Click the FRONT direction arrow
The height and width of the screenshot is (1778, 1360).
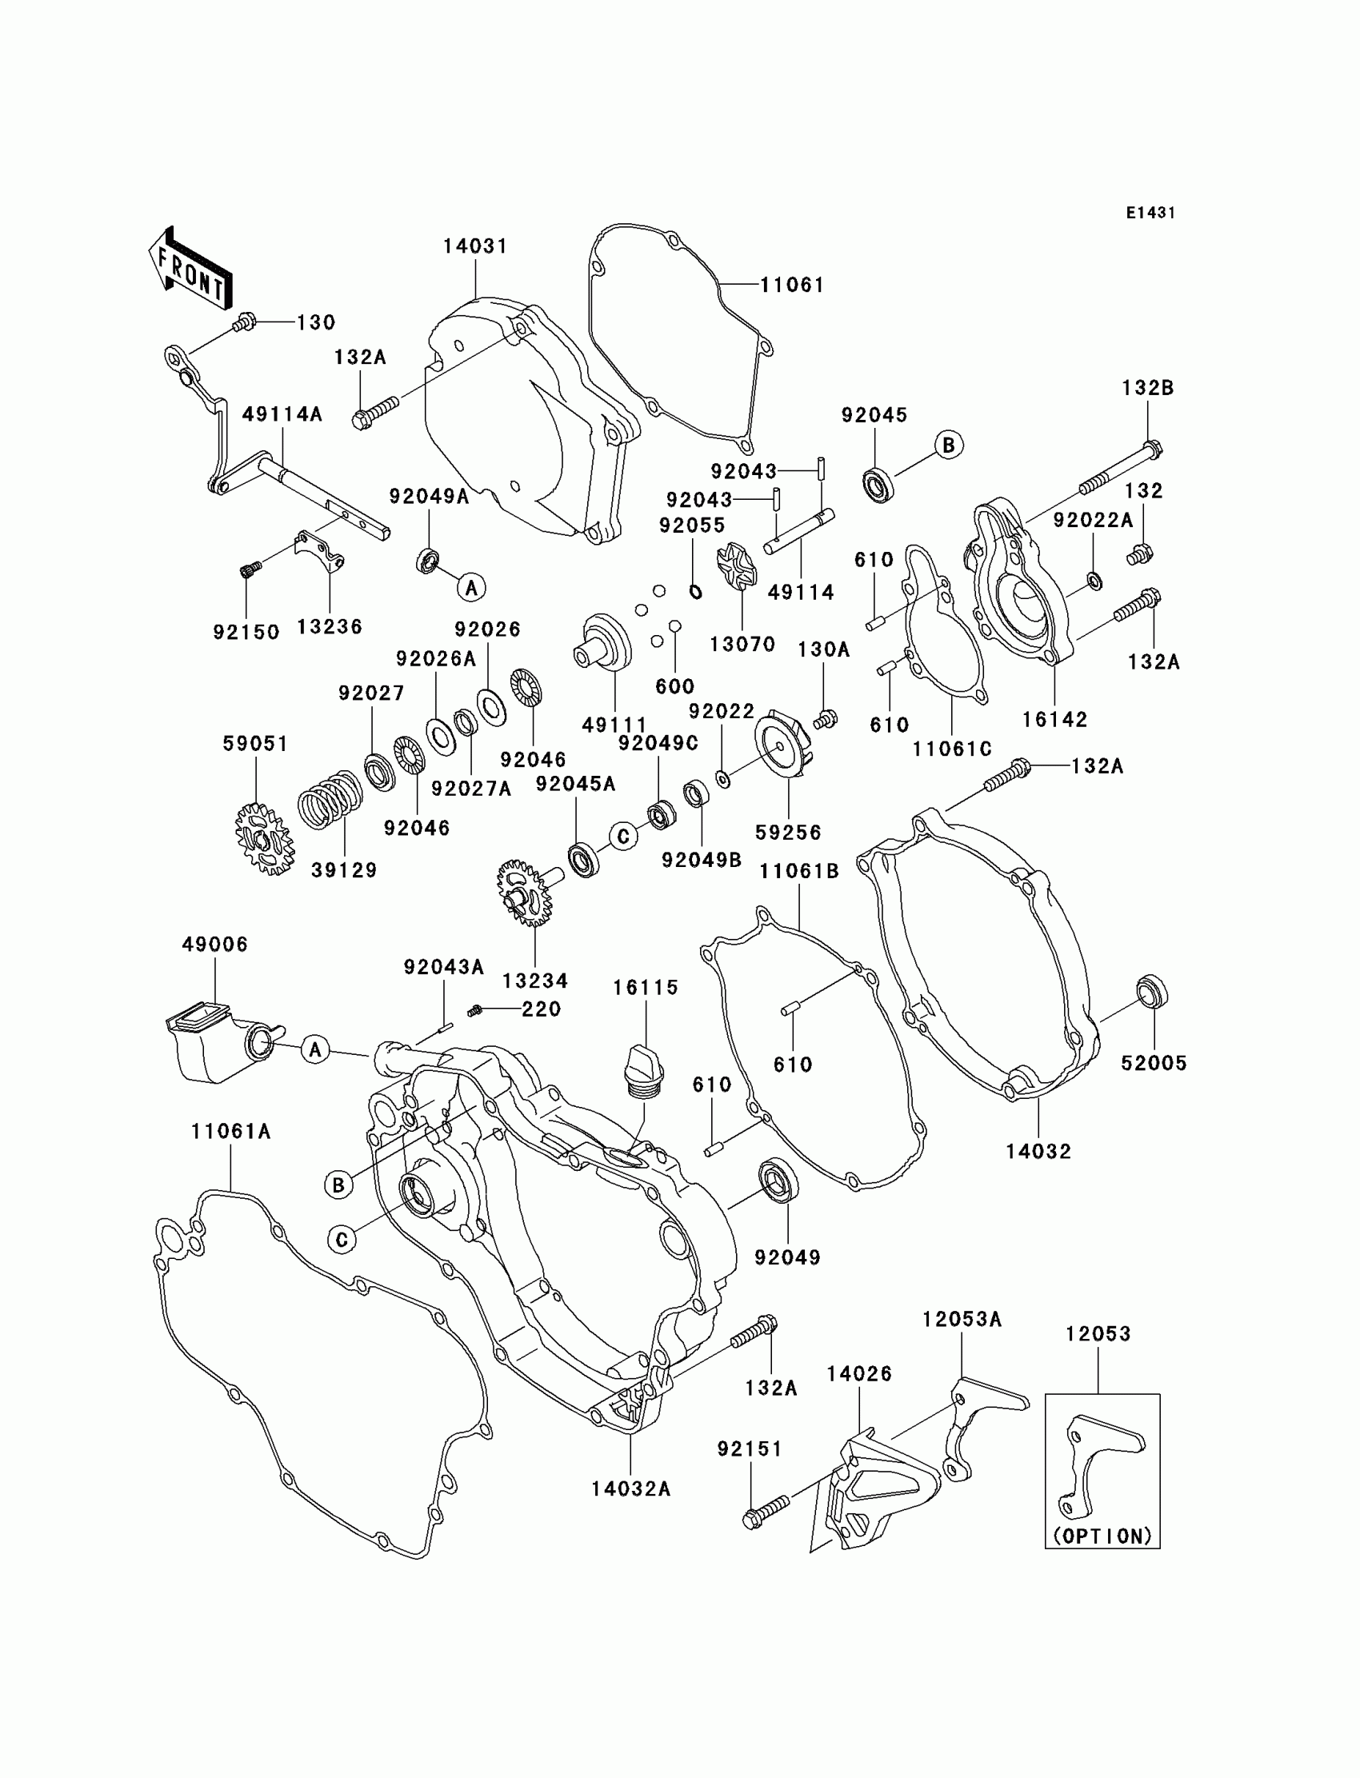coord(190,268)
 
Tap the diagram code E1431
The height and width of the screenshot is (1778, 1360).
coord(1150,213)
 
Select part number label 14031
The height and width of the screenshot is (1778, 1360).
coord(475,246)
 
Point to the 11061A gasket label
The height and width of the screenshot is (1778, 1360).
coord(230,1132)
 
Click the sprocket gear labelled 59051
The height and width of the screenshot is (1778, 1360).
coord(264,837)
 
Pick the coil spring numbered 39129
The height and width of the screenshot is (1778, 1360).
coord(330,799)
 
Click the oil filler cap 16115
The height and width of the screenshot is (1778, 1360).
coord(644,1071)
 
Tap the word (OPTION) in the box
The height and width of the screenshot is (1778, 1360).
coord(1102,1536)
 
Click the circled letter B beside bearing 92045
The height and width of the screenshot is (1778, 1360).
coord(949,445)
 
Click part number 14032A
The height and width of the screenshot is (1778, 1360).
coord(630,1489)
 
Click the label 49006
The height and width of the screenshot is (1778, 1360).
coord(214,945)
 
